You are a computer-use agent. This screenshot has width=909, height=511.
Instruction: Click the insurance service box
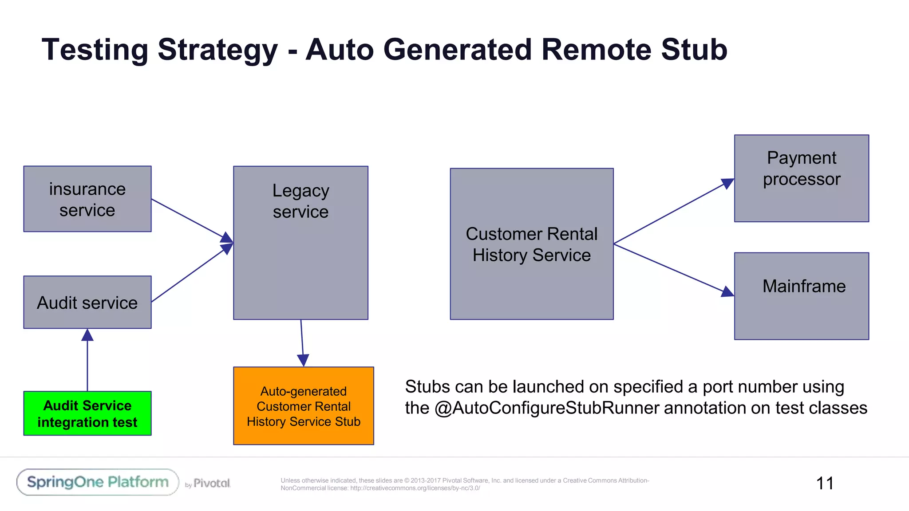[x=87, y=199]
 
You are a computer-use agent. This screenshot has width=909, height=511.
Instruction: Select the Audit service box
[x=87, y=302]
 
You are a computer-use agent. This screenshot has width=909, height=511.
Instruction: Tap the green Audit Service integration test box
[x=87, y=413]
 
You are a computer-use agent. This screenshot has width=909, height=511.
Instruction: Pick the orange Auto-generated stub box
[x=304, y=405]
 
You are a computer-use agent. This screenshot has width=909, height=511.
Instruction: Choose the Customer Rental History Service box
[x=531, y=244]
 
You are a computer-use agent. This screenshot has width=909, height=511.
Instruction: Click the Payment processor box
[x=801, y=178]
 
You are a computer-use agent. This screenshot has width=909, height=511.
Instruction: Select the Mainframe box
[x=801, y=296]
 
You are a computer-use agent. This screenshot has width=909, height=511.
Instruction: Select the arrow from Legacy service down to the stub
[x=302, y=342]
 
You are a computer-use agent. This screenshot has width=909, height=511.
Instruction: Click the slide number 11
[x=825, y=483]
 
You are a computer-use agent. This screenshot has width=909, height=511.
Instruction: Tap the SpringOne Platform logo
[x=98, y=482]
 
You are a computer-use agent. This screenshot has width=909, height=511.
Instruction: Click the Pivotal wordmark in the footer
[x=211, y=483]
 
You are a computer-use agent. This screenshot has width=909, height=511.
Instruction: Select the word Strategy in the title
[x=217, y=50]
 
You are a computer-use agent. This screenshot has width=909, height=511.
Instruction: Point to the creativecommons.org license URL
[x=415, y=488]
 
